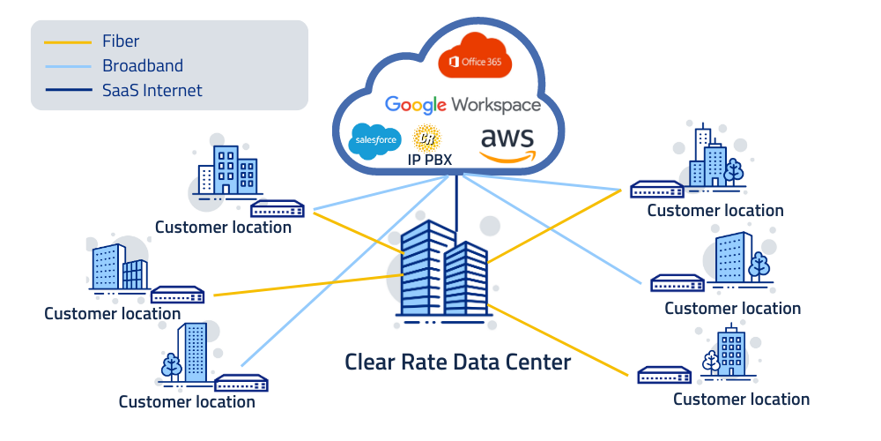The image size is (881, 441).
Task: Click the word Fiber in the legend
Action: pos(121,41)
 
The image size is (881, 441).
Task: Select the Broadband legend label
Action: pos(143,65)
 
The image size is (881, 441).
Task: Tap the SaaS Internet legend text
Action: pos(152,90)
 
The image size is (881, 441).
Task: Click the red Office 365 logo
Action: pos(475,56)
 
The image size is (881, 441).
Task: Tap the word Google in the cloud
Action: pos(416,105)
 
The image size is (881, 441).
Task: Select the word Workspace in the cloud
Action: pos(496,105)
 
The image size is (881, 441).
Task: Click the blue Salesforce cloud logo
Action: pos(376,140)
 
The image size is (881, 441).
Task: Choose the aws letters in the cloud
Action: pos(507,138)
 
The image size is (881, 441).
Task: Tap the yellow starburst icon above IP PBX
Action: pos(427,138)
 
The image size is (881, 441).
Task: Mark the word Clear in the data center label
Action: pos(371,362)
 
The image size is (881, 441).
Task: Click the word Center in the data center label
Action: pos(537,362)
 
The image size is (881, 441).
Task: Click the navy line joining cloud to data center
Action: pos(455,198)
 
